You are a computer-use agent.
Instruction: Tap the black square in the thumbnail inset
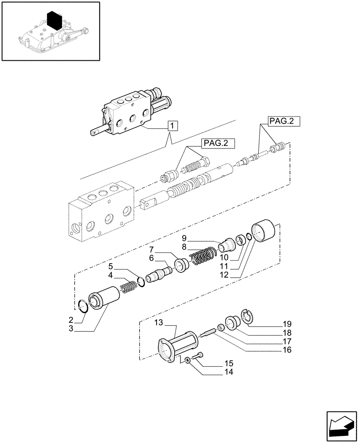(x=54, y=20)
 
